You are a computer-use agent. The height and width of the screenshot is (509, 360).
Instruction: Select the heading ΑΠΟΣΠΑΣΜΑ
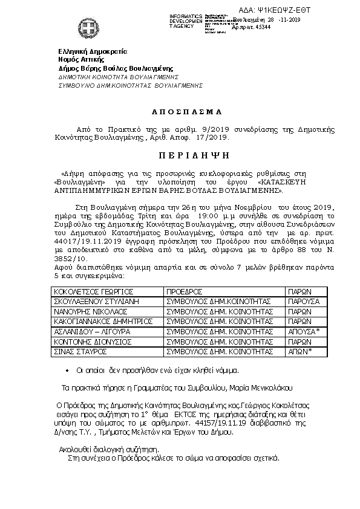click(178, 112)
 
